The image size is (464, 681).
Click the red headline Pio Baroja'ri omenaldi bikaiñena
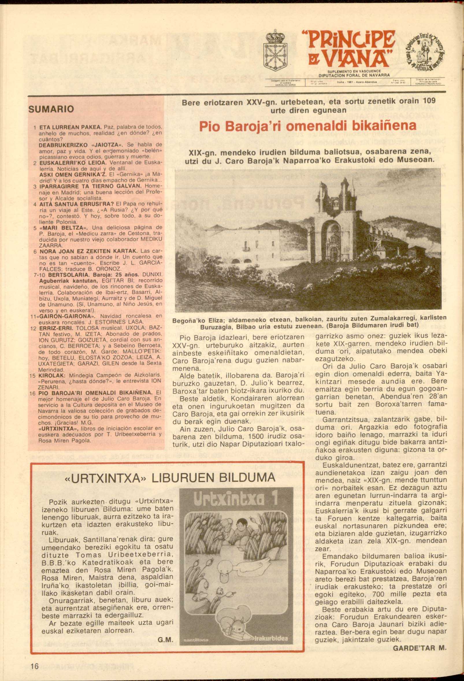tap(307, 126)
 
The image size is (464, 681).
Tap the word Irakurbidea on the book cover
tap(271, 639)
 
